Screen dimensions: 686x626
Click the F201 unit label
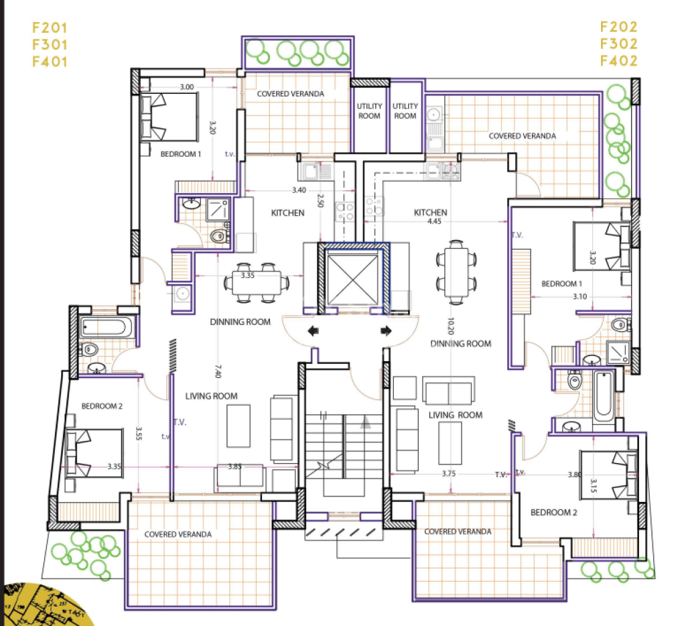(x=50, y=27)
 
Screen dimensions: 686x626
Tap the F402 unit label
(x=618, y=61)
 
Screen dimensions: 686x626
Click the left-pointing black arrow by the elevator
(x=314, y=331)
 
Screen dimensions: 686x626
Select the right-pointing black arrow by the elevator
(x=386, y=331)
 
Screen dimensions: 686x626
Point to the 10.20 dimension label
(x=451, y=326)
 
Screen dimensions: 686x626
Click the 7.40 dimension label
(x=218, y=371)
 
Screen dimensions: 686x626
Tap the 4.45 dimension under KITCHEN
(x=434, y=221)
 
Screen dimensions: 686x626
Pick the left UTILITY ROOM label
(x=369, y=111)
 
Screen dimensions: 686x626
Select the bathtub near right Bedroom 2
(x=604, y=395)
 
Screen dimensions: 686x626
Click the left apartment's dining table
(x=257, y=284)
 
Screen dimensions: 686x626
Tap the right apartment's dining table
(x=456, y=272)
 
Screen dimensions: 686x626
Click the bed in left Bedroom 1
(x=169, y=117)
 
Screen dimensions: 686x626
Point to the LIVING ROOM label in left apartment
(x=211, y=396)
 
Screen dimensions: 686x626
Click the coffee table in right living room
(x=450, y=443)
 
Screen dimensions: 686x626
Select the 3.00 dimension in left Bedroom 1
(x=187, y=86)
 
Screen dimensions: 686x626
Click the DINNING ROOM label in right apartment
(x=461, y=344)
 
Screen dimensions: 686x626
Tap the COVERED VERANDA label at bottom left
(x=178, y=534)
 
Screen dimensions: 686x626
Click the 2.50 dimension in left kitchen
(x=320, y=200)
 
